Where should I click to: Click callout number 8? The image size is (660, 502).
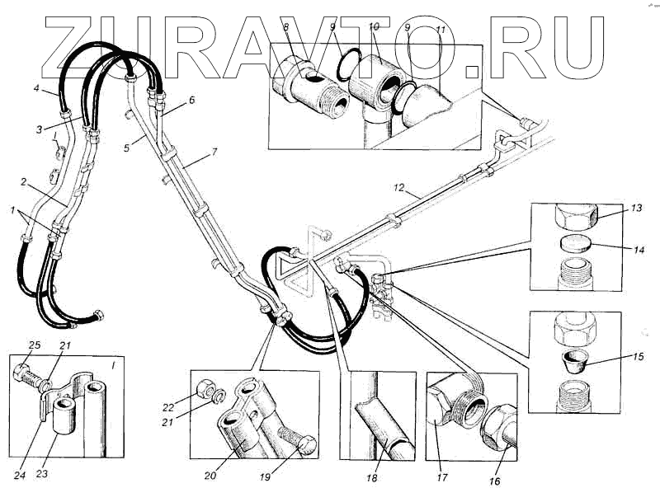[285, 29]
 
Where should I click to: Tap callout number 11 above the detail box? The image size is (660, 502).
[441, 30]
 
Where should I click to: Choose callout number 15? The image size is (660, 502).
[638, 358]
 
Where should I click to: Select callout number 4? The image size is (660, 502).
[37, 88]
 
